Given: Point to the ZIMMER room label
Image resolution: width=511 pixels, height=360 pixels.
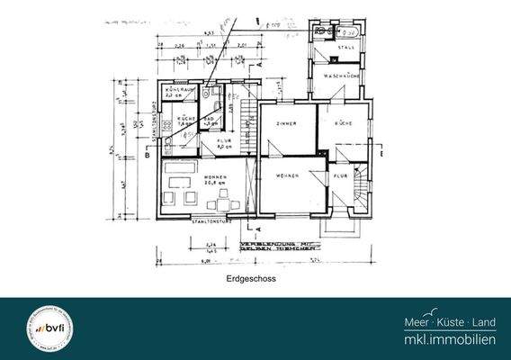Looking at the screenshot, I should [x=287, y=123].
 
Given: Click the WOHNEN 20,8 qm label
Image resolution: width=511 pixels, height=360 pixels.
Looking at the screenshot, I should [x=215, y=181].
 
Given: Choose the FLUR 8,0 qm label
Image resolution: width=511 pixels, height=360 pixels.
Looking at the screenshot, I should [x=227, y=144].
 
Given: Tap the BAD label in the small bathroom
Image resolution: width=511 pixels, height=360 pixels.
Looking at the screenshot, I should [x=208, y=120].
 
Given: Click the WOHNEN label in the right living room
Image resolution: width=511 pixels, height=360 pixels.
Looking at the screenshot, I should [x=287, y=176].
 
